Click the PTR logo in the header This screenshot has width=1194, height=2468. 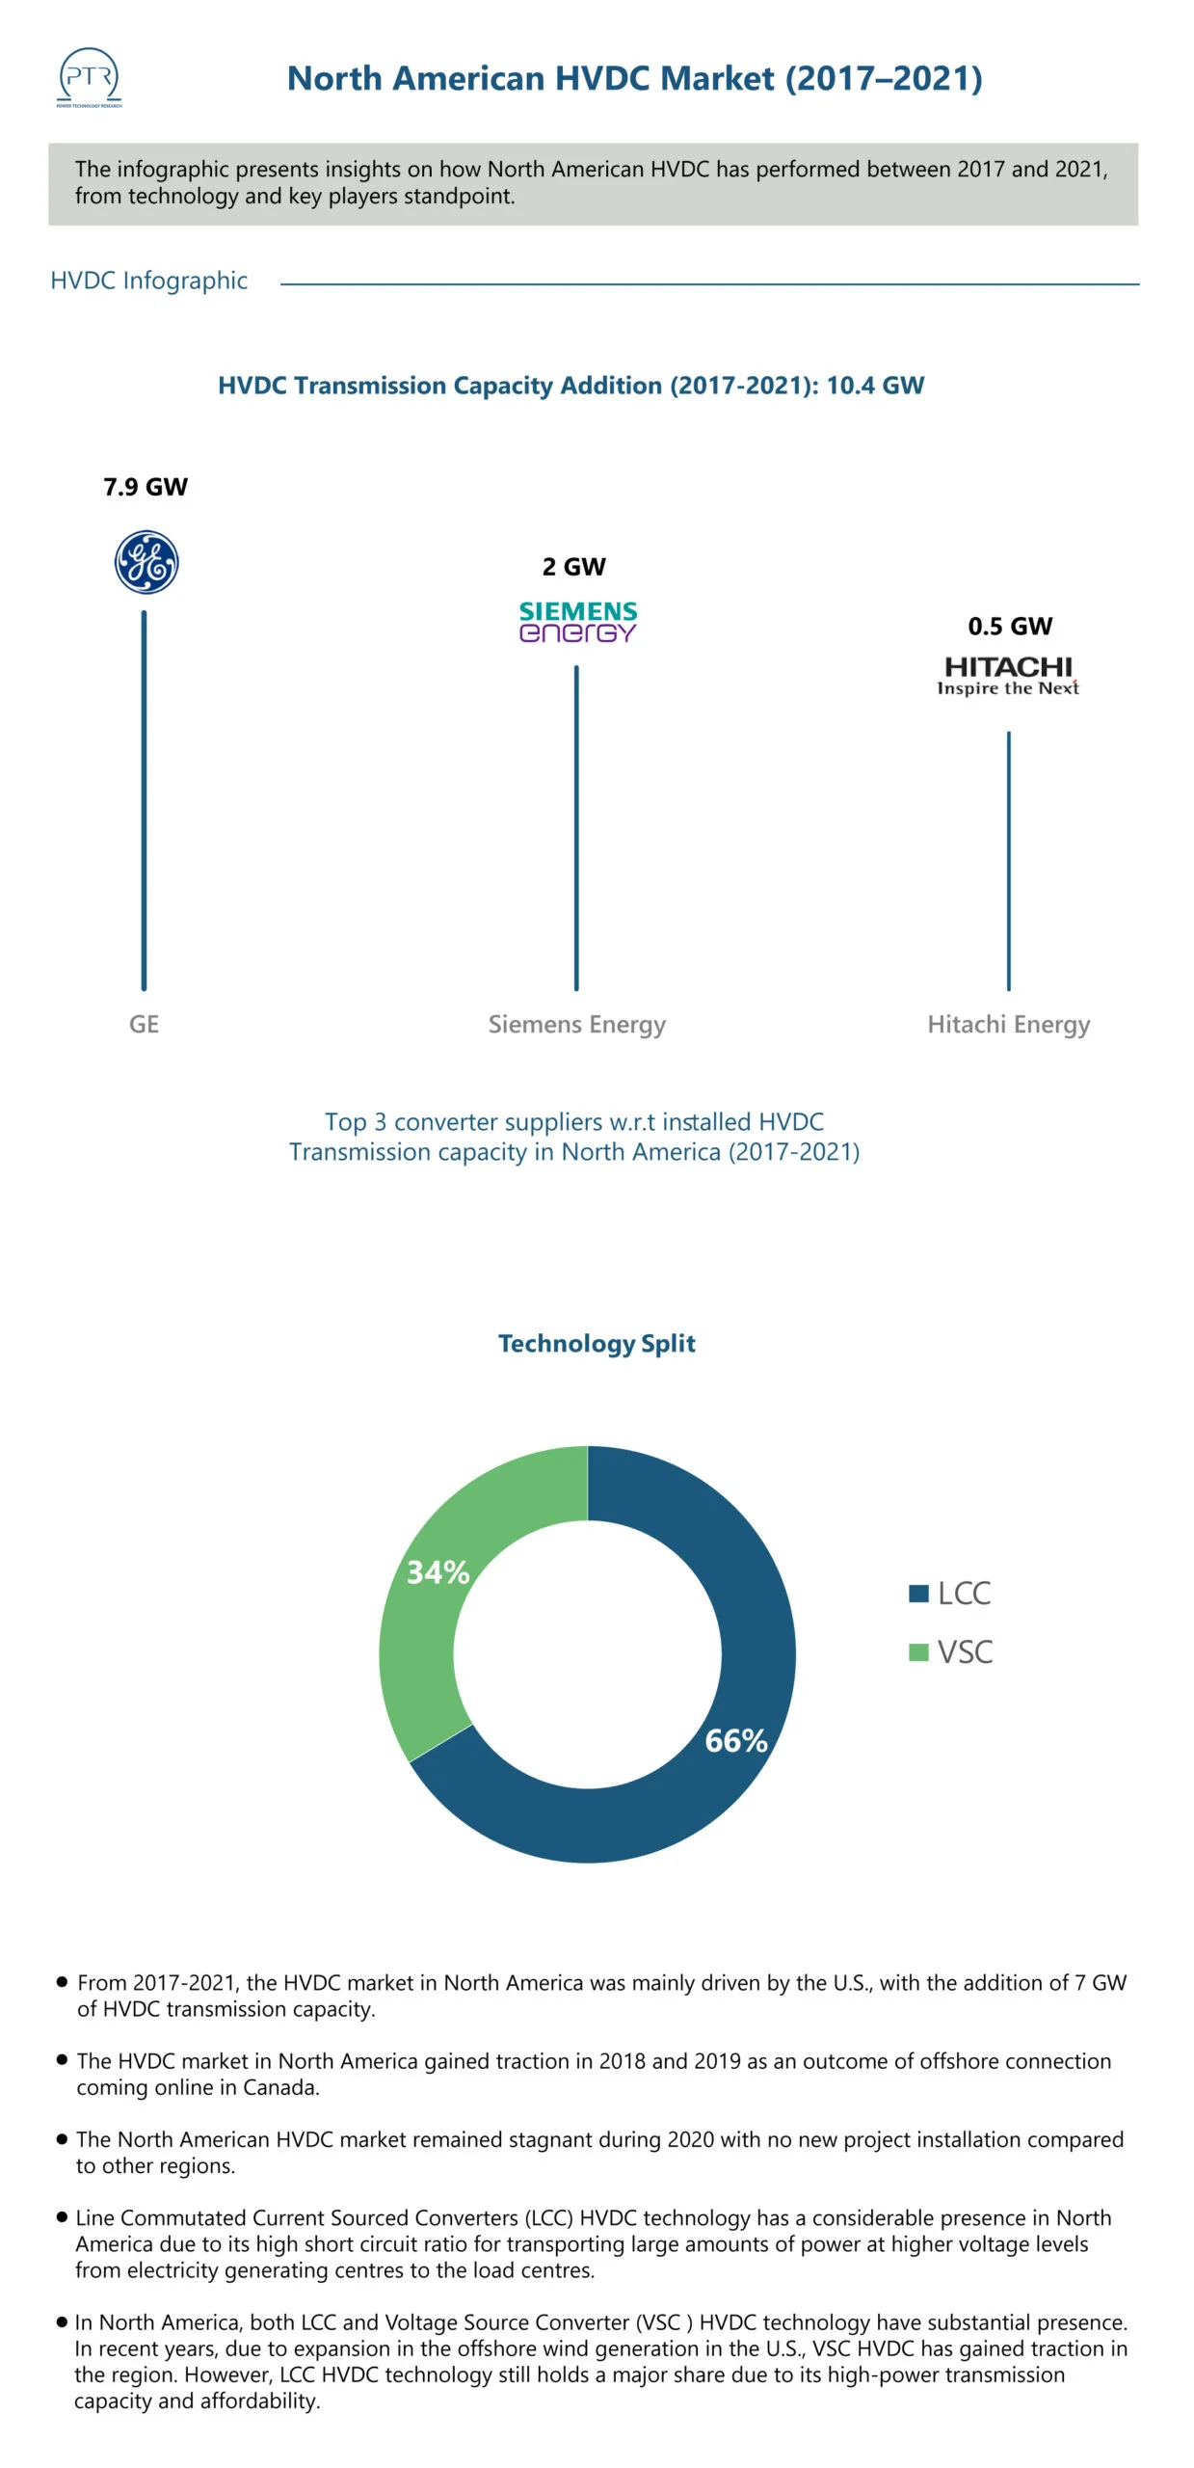90,78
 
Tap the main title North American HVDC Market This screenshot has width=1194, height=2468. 634,78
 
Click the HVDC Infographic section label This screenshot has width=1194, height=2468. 148,281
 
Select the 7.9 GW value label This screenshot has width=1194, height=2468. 146,487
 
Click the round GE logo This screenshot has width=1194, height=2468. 146,562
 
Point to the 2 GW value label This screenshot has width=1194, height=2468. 574,567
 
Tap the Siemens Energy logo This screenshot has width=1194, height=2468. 577,622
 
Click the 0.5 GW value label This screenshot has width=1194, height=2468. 1010,627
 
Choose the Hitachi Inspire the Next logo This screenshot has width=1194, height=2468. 1008,675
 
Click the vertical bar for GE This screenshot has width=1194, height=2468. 145,800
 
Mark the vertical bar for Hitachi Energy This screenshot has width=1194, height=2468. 1009,860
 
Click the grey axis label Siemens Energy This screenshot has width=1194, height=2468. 576,1024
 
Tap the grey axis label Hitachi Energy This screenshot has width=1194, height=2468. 1008,1024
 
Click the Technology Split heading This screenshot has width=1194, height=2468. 597,1343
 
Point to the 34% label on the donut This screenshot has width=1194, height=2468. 438,1572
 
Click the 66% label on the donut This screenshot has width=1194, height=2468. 736,1741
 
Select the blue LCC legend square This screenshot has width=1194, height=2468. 918,1594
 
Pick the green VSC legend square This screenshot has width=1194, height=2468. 918,1652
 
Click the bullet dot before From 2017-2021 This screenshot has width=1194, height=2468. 63,1982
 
